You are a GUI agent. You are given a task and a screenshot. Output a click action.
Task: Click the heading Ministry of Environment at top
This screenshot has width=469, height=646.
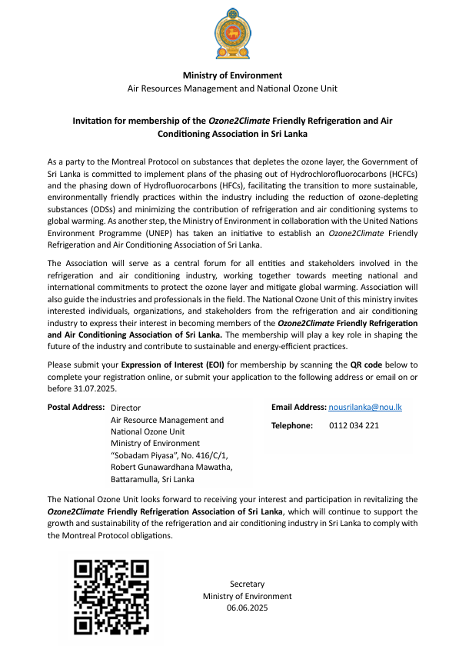tap(232, 75)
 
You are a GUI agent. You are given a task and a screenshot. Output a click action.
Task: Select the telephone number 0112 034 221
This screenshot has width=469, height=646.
tap(354, 425)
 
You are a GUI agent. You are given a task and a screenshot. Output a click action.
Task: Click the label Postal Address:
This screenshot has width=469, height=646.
tap(75, 408)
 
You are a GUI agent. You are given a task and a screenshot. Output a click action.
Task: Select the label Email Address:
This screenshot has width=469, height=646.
tap(298, 406)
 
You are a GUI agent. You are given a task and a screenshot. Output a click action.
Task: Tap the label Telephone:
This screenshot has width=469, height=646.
tap(292, 425)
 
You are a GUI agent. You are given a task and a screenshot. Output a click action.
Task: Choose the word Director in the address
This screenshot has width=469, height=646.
tap(126, 408)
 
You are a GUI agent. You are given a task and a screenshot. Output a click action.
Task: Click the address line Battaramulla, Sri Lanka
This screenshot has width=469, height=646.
tap(153, 479)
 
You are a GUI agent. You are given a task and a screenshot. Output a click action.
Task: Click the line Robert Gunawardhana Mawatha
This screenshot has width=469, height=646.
tap(171, 467)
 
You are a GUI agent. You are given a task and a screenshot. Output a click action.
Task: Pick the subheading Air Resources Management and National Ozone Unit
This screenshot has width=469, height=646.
tap(232, 88)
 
